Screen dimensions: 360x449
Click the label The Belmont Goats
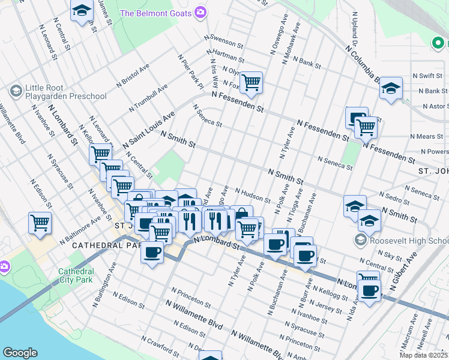(x=155, y=13)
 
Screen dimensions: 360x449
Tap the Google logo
(x=20, y=353)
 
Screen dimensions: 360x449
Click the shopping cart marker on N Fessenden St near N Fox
(x=251, y=82)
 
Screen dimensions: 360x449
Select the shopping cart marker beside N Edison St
(x=40, y=223)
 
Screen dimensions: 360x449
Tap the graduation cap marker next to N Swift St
(x=390, y=89)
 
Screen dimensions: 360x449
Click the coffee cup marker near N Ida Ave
(x=369, y=291)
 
